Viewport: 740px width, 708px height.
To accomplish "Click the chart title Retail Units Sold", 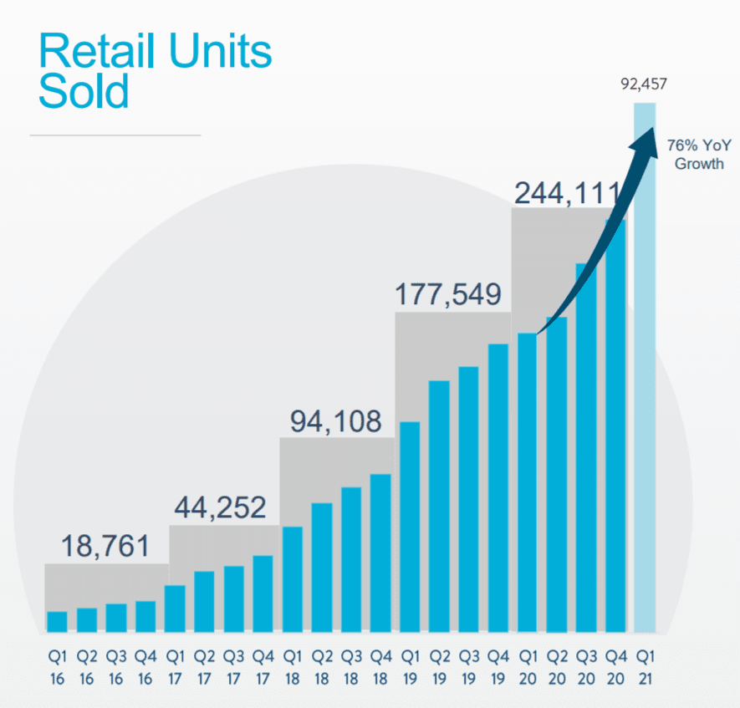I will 156,72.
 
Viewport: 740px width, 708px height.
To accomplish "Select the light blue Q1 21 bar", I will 645,368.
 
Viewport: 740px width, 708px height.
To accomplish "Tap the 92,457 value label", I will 644,84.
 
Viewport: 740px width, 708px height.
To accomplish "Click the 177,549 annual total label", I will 449,294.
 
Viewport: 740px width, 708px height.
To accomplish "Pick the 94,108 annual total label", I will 335,421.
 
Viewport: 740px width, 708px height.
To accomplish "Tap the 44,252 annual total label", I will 221,507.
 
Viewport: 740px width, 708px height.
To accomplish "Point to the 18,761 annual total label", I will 105,547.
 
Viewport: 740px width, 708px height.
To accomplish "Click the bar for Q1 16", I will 57,622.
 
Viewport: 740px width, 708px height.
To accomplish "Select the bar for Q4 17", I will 263,593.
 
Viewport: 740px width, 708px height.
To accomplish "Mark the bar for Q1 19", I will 410,527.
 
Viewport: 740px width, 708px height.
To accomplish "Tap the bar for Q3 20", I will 586,448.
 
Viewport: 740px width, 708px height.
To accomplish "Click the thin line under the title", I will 115,135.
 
